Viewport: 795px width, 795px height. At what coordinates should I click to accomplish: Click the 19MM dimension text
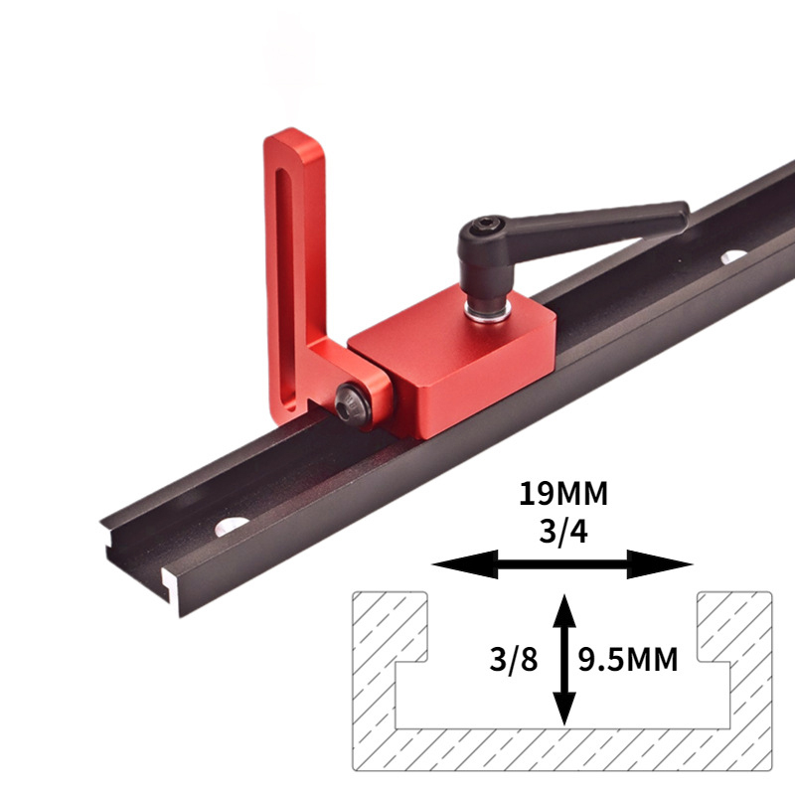[562, 494]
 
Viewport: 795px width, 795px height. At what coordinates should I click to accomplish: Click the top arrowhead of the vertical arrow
[564, 603]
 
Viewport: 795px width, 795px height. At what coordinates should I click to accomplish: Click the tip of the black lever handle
[680, 211]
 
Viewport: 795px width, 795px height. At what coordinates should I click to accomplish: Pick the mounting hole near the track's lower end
[232, 524]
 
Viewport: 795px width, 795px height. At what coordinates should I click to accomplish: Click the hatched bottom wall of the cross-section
[562, 748]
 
